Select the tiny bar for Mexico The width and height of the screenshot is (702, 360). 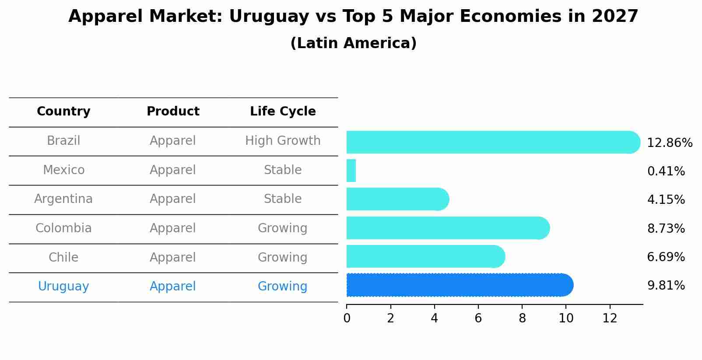tap(351, 171)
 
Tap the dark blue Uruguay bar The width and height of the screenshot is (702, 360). tap(460, 285)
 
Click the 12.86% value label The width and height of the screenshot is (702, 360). tap(670, 143)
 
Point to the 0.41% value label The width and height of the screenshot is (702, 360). tap(666, 171)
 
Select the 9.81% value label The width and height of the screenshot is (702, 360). tap(666, 286)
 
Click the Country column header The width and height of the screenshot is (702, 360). tap(63, 112)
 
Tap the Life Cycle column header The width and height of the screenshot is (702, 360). tap(283, 112)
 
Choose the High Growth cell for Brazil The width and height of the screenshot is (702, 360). tap(283, 141)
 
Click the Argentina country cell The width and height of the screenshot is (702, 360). tap(63, 199)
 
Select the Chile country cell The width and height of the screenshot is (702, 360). tap(63, 257)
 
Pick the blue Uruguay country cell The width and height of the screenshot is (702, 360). tap(63, 287)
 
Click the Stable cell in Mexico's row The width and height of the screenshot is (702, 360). tap(283, 170)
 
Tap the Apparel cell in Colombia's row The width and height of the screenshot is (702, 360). tap(172, 228)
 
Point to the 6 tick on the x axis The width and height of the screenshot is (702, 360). tap(478, 318)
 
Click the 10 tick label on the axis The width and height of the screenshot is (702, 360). tap(565, 318)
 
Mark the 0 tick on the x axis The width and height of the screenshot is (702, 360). tap(347, 318)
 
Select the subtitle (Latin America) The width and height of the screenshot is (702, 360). tap(353, 43)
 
